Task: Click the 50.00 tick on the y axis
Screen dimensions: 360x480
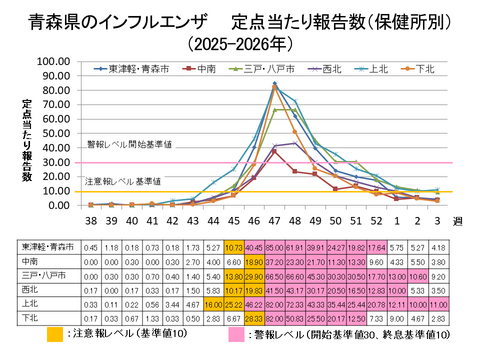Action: tap(50, 133)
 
